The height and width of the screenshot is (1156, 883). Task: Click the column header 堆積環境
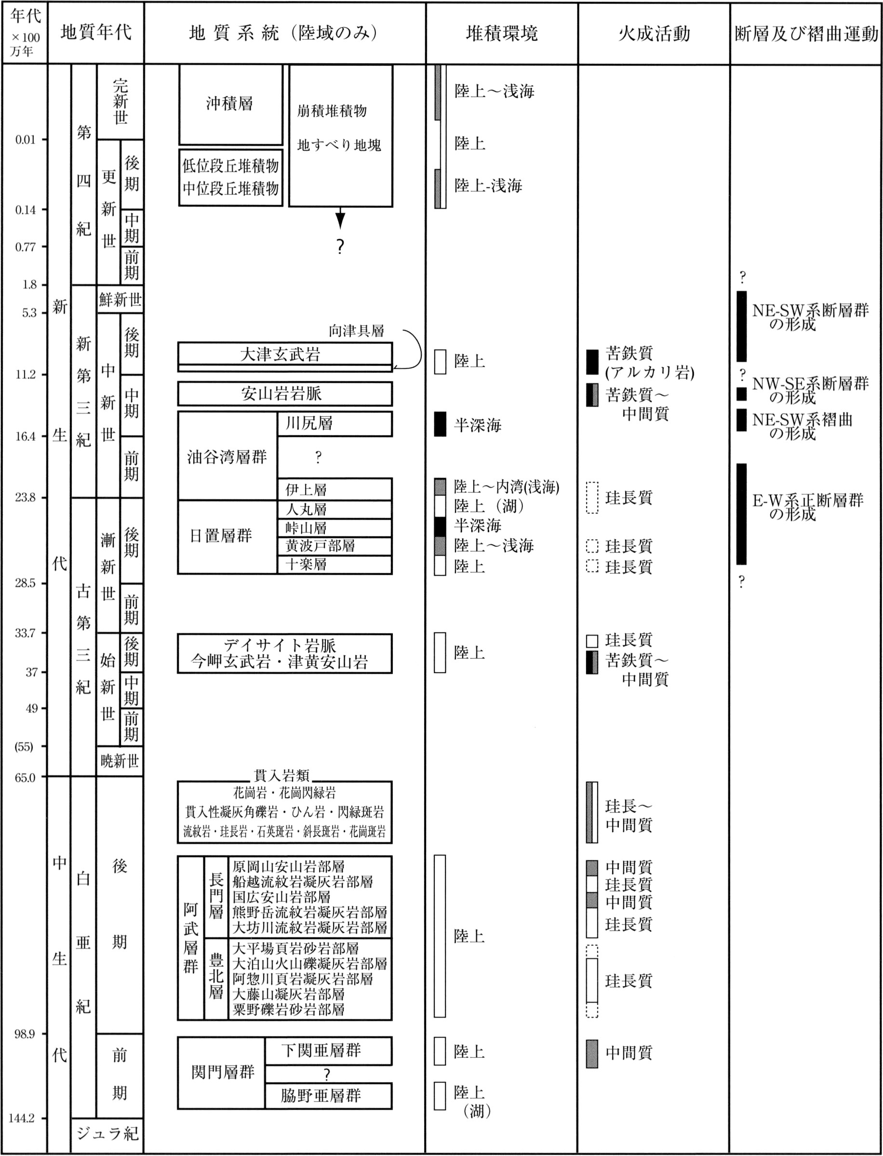click(501, 34)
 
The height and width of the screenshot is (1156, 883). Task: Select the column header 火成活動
click(654, 34)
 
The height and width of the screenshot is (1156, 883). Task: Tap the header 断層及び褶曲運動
click(806, 34)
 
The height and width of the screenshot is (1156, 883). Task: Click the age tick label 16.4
click(25, 436)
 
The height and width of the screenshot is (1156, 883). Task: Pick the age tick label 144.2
click(22, 1118)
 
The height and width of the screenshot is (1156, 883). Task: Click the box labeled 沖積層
click(230, 104)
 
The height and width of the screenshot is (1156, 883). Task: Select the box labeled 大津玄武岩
click(285, 354)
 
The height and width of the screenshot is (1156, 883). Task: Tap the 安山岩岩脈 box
click(285, 394)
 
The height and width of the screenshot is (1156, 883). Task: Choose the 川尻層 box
click(335, 424)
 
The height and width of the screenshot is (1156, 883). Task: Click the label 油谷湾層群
click(227, 457)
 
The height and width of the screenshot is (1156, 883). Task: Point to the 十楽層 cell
click(335, 564)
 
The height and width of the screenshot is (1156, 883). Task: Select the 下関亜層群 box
click(329, 1050)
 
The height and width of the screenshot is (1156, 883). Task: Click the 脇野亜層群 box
click(329, 1096)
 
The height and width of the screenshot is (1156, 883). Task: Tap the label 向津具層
click(356, 331)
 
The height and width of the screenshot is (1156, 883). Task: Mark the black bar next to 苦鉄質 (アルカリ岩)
click(592, 361)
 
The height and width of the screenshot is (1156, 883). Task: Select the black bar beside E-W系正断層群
click(741, 513)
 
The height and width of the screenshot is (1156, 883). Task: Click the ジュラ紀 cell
click(107, 1134)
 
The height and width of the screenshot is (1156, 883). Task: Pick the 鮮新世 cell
click(120, 300)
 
